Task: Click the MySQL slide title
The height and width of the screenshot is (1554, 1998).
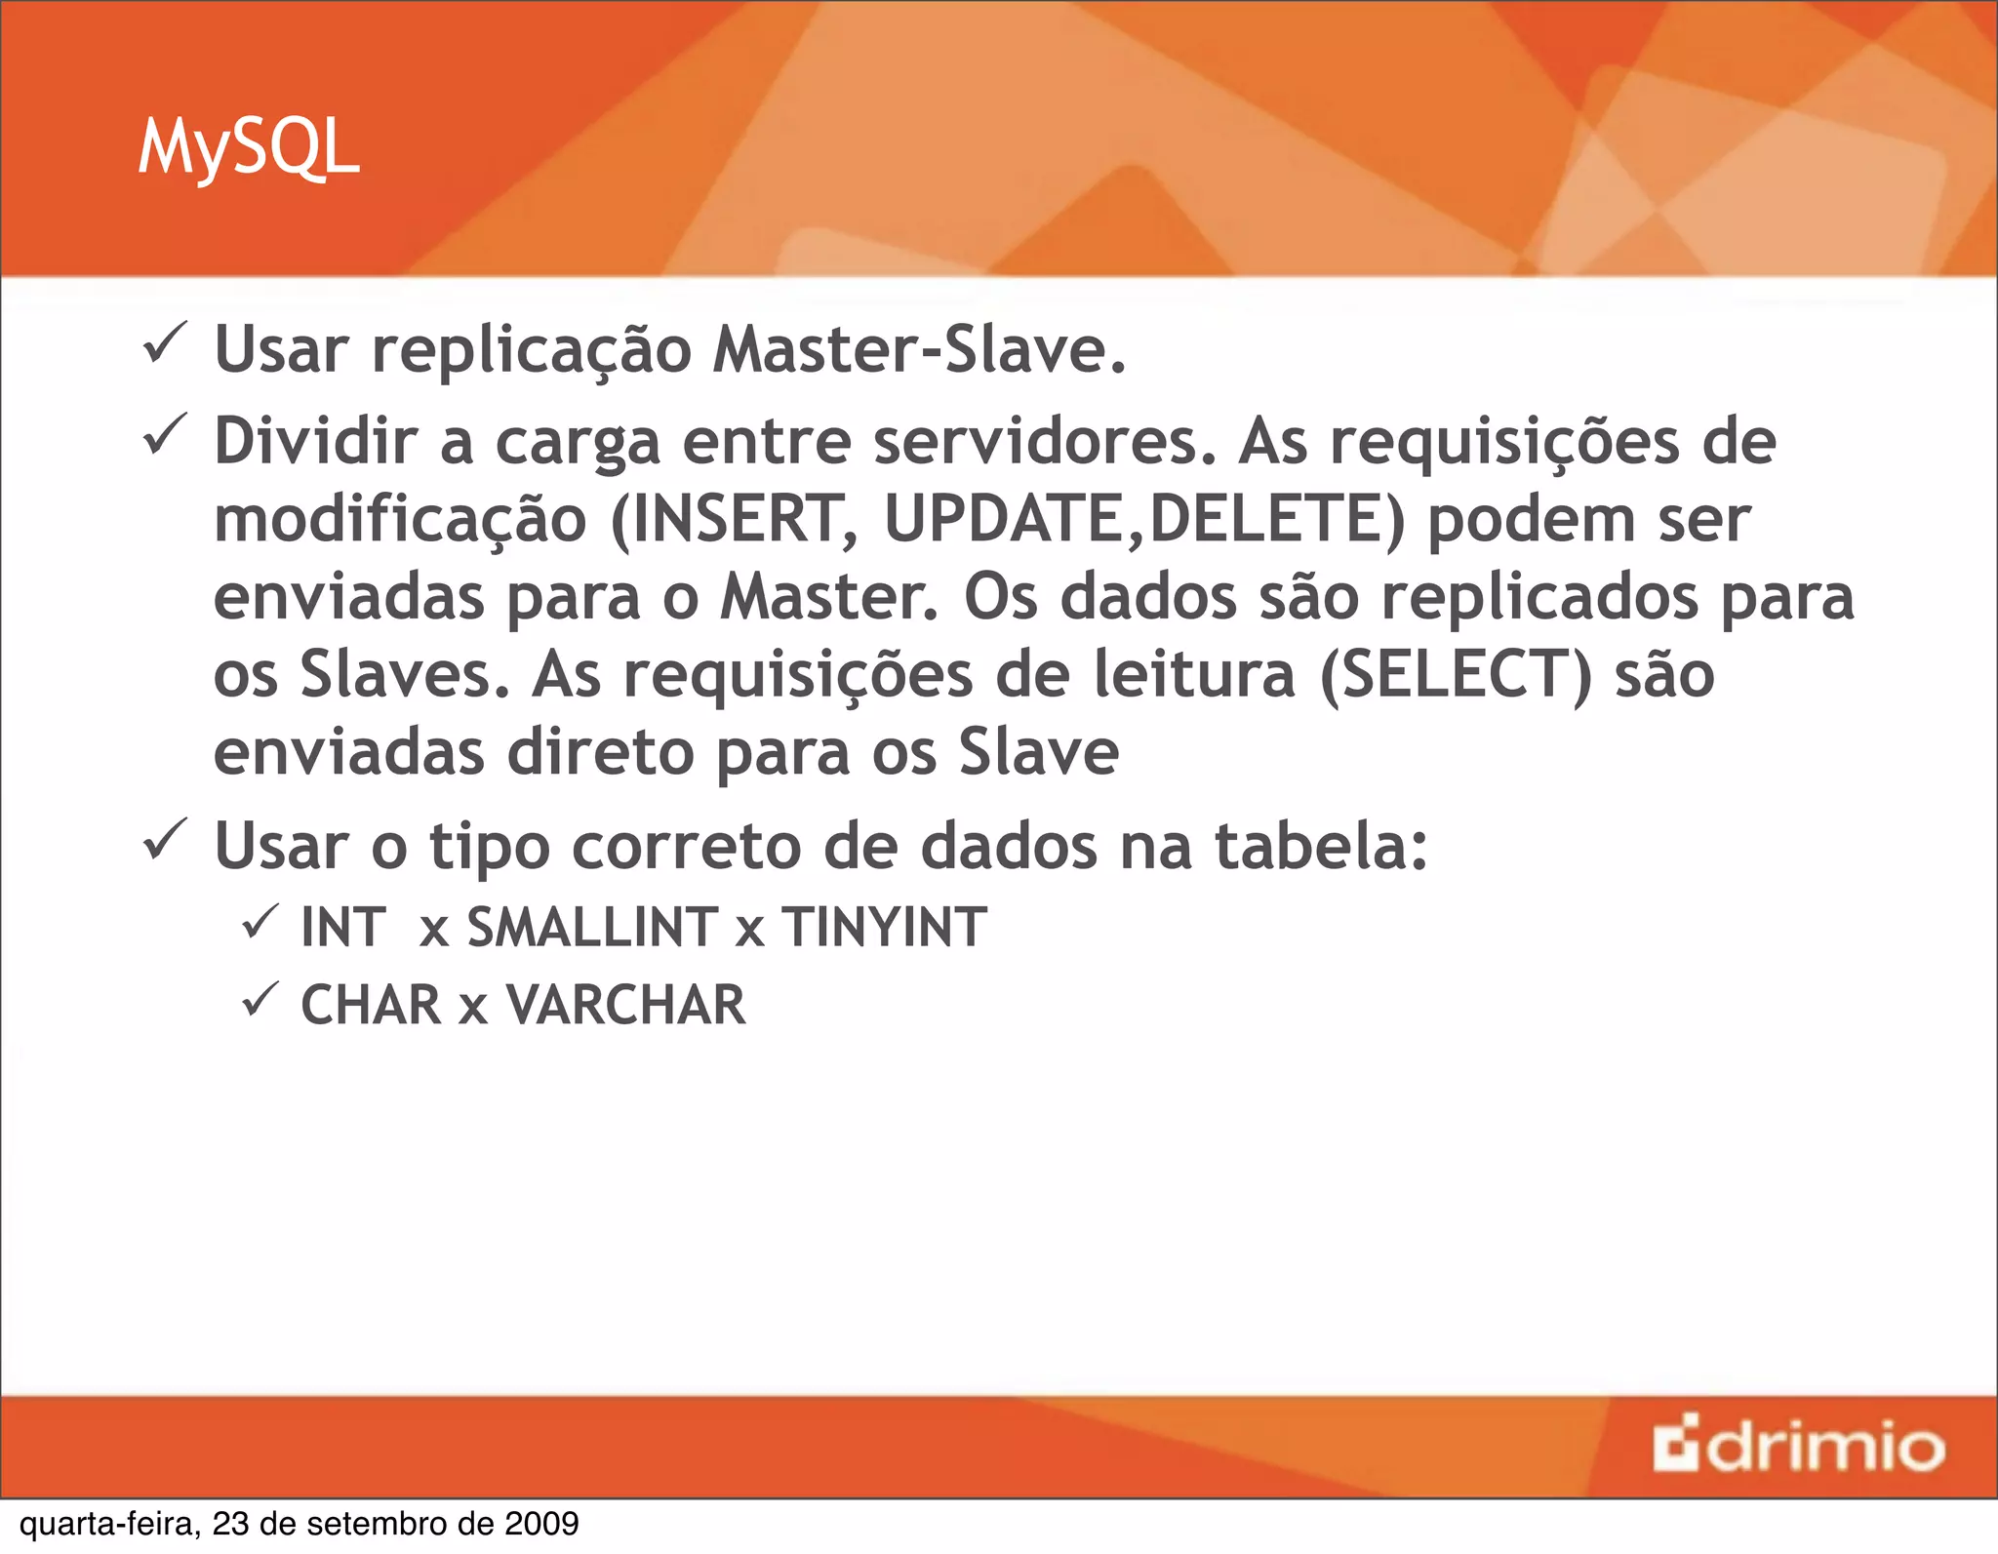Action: pyautogui.click(x=249, y=148)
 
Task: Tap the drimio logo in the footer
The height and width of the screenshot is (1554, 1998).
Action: pyautogui.click(x=1798, y=1446)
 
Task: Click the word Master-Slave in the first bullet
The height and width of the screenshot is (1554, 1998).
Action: pyautogui.click(x=919, y=349)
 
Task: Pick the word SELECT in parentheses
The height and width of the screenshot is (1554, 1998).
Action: pyautogui.click(x=1455, y=674)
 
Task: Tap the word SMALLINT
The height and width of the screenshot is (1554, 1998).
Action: pyautogui.click(x=593, y=927)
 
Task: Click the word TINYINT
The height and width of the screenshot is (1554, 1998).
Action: pyautogui.click(x=884, y=927)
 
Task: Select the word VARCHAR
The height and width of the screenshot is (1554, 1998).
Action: pyautogui.click(x=626, y=1005)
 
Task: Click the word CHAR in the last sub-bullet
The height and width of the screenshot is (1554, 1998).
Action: pyautogui.click(x=371, y=1005)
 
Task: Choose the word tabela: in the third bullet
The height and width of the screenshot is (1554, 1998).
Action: pyautogui.click(x=1321, y=846)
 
